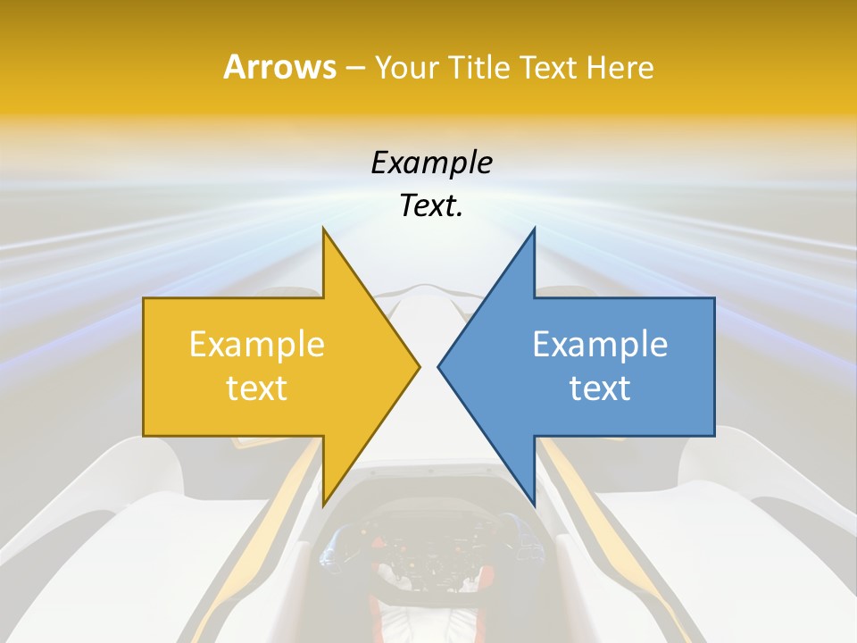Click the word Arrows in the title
(x=279, y=67)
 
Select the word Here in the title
(x=620, y=68)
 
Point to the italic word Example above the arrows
(x=431, y=163)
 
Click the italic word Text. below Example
(x=431, y=205)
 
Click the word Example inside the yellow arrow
(x=257, y=345)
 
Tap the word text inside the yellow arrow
(x=257, y=388)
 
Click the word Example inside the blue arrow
(x=600, y=345)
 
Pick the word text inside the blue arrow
(x=600, y=388)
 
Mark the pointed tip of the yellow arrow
(x=419, y=366)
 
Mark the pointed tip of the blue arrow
(x=439, y=366)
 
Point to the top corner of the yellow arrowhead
(x=323, y=229)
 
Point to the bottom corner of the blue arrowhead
(x=534, y=505)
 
